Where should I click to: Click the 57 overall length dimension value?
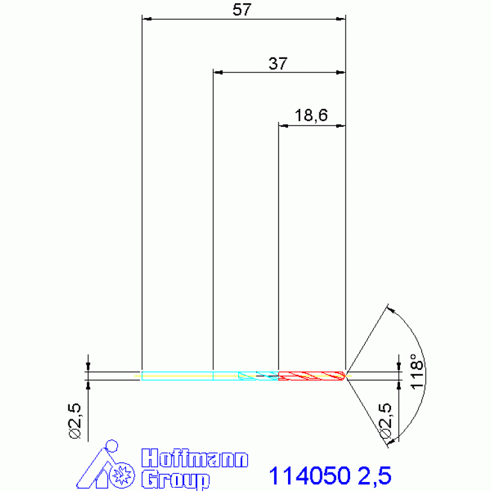point(242,10)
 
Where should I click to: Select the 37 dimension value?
point(278,63)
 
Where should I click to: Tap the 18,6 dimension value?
point(311,115)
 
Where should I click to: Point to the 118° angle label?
point(417,372)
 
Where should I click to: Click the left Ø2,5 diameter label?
point(75,421)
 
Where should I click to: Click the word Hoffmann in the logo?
point(195,458)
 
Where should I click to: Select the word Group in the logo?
point(175,479)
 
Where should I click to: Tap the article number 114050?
point(309,476)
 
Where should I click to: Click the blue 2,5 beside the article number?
point(374,476)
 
